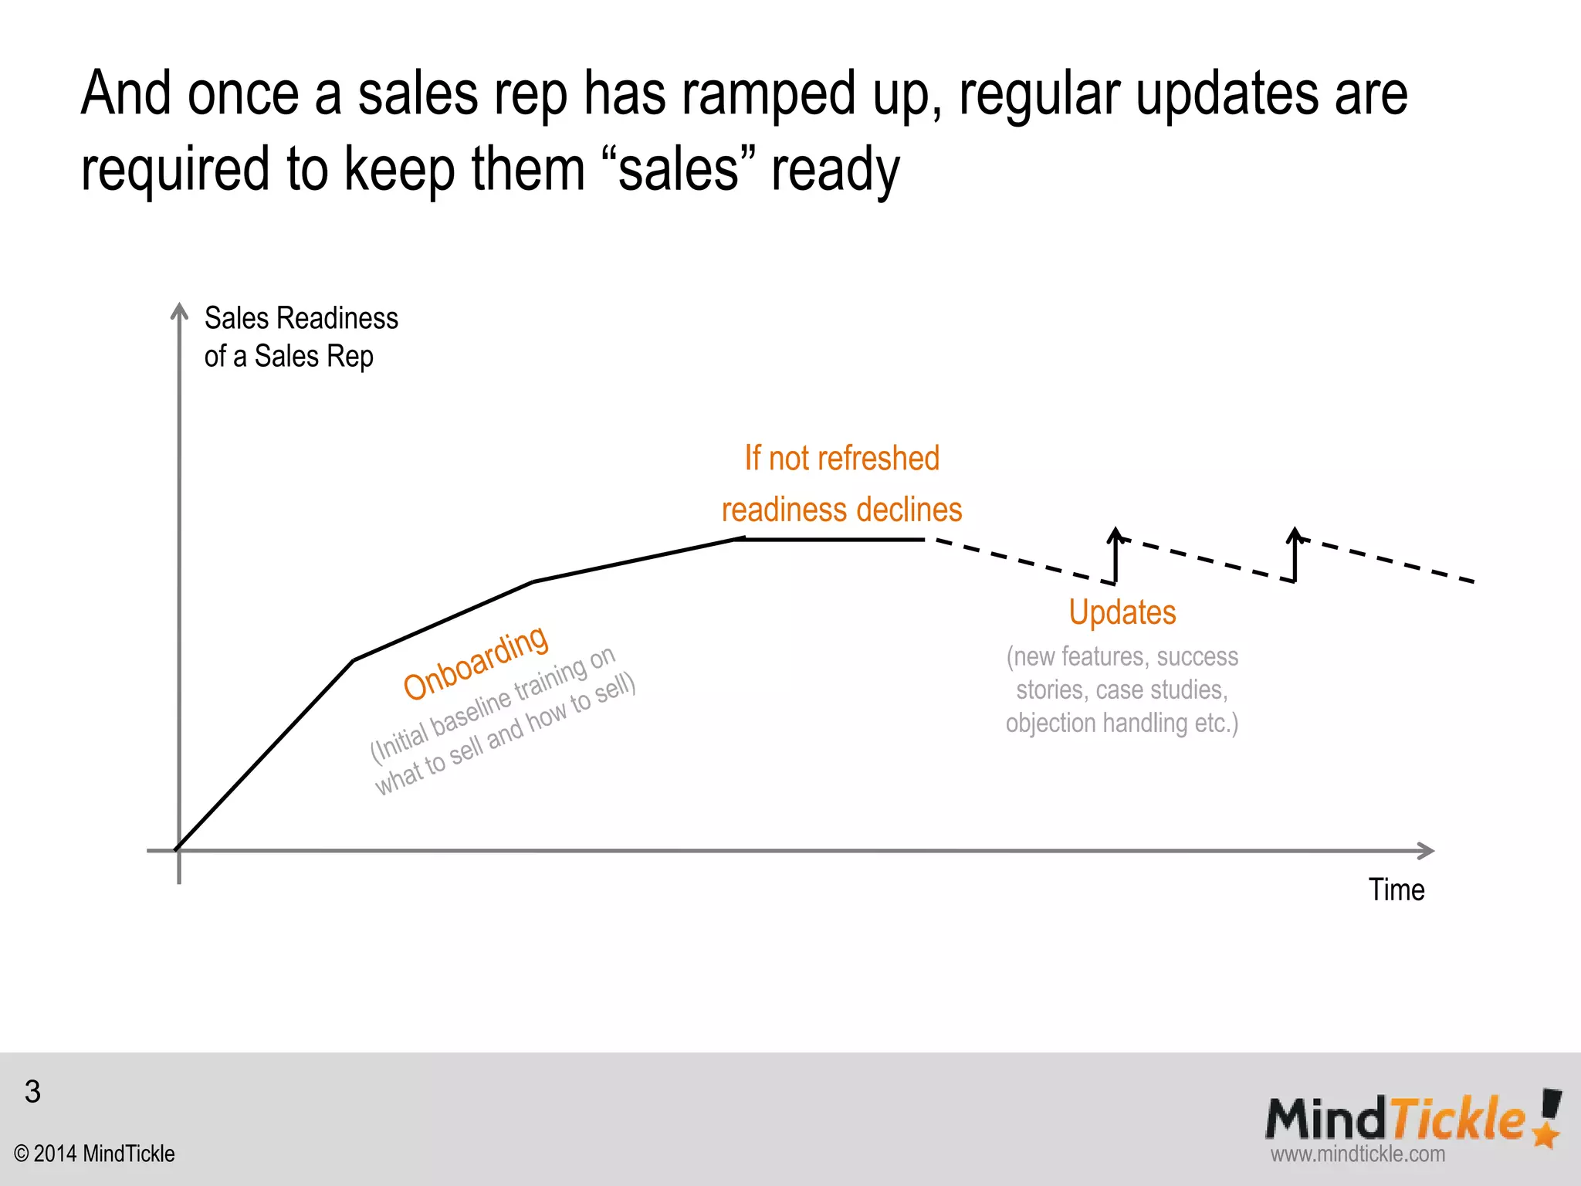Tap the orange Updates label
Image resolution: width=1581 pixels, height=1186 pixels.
[1122, 612]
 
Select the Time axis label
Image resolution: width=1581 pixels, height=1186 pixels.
[1396, 889]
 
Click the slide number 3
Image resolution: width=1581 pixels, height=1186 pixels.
[32, 1091]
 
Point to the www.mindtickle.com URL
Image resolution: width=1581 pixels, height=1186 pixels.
[1357, 1154]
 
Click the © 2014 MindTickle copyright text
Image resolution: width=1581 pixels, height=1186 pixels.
[94, 1154]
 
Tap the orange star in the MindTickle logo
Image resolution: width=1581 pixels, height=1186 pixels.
[1545, 1133]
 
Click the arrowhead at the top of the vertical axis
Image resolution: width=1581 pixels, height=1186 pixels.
[179, 310]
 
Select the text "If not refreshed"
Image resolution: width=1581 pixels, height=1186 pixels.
[841, 458]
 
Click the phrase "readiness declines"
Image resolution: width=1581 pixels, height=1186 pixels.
[841, 510]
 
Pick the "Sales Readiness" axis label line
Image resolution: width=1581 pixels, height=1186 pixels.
[301, 318]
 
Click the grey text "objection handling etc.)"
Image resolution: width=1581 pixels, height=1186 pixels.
[1122, 723]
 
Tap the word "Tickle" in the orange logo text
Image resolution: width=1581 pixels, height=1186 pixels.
[1457, 1119]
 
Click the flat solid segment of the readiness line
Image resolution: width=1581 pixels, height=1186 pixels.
[830, 539]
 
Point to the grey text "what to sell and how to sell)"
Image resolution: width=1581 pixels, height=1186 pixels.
[505, 734]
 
